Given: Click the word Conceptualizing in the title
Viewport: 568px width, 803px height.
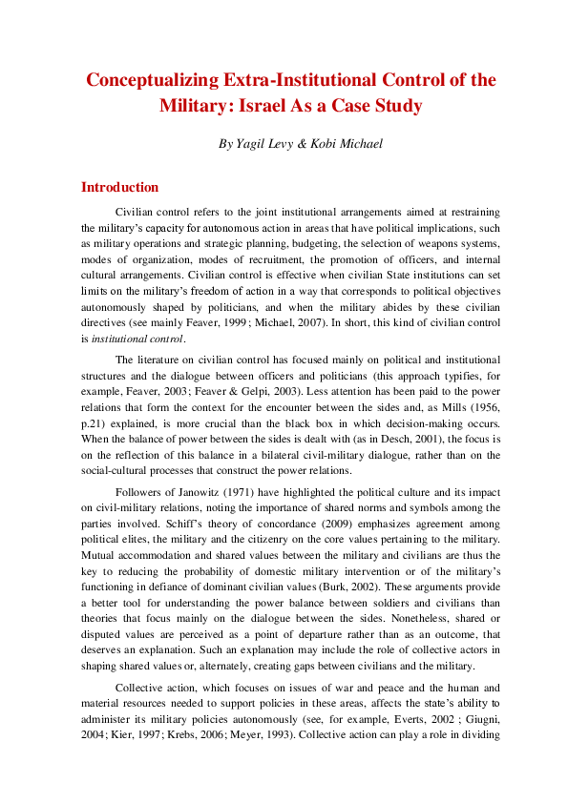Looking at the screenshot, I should pyautogui.click(x=151, y=80).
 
